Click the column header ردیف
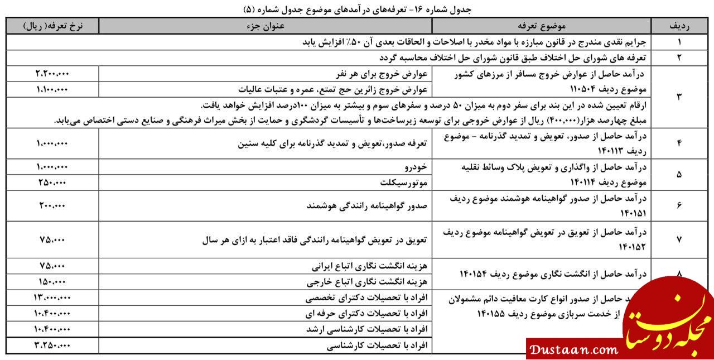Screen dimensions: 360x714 pos(679,26)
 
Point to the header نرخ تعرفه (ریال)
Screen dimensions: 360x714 pos(53,26)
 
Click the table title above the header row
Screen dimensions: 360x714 pos(357,9)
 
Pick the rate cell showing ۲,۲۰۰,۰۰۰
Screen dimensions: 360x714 pos(52,74)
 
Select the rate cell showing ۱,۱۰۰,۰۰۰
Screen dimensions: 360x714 pos(52,89)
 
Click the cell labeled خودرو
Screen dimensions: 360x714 pos(416,167)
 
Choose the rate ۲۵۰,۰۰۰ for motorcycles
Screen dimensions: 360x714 pos(52,183)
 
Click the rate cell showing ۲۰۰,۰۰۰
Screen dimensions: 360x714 pos(52,205)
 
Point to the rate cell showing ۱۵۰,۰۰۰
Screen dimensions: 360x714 pos(52,281)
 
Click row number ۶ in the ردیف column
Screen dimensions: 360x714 pos(679,205)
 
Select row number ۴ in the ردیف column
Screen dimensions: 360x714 pos(679,143)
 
